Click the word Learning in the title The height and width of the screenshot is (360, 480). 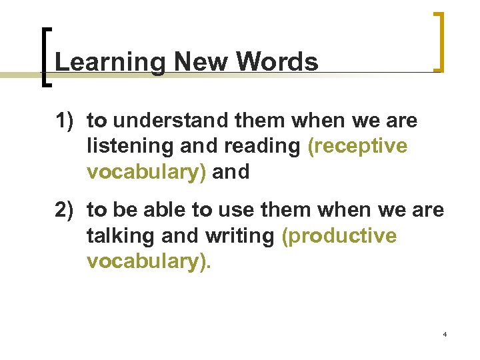pos(110,63)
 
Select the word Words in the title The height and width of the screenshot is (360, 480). pos(277,62)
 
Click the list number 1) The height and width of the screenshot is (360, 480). pos(67,121)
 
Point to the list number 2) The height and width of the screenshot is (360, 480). pos(67,211)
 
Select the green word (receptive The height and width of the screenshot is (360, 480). pos(357,147)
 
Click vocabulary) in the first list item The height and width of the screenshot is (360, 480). pos(147,171)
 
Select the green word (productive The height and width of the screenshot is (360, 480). pos(339,236)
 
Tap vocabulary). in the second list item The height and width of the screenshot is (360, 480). pos(149,261)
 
